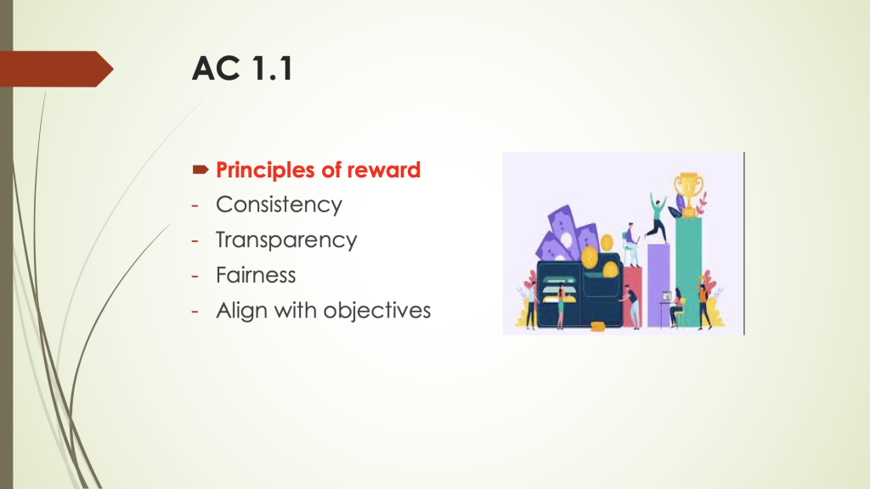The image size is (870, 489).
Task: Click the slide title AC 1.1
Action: pos(242,69)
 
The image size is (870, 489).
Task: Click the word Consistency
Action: pos(279,205)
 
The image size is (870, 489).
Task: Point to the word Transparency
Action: pos(286,240)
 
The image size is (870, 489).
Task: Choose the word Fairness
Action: pos(256,275)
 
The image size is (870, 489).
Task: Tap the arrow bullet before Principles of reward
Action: pos(201,171)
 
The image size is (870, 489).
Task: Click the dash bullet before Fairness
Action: pos(195,275)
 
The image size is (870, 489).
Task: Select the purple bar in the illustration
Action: pos(658,284)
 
